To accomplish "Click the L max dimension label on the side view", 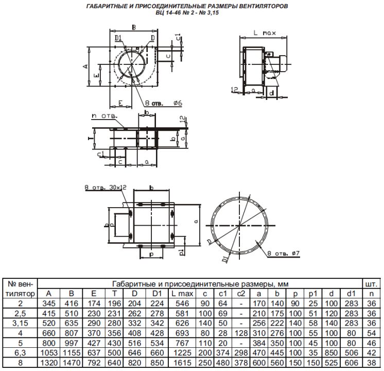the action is (264, 33).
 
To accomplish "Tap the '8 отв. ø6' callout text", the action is (164, 103).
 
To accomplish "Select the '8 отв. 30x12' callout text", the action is (106, 188).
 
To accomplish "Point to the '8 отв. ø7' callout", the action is (283, 254).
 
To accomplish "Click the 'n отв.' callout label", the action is (104, 116).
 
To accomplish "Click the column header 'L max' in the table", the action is (182, 294).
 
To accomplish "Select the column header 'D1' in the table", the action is (157, 294).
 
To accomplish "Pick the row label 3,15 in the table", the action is (20, 323).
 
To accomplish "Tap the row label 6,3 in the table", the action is (20, 353).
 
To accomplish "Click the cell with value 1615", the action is (182, 363).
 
